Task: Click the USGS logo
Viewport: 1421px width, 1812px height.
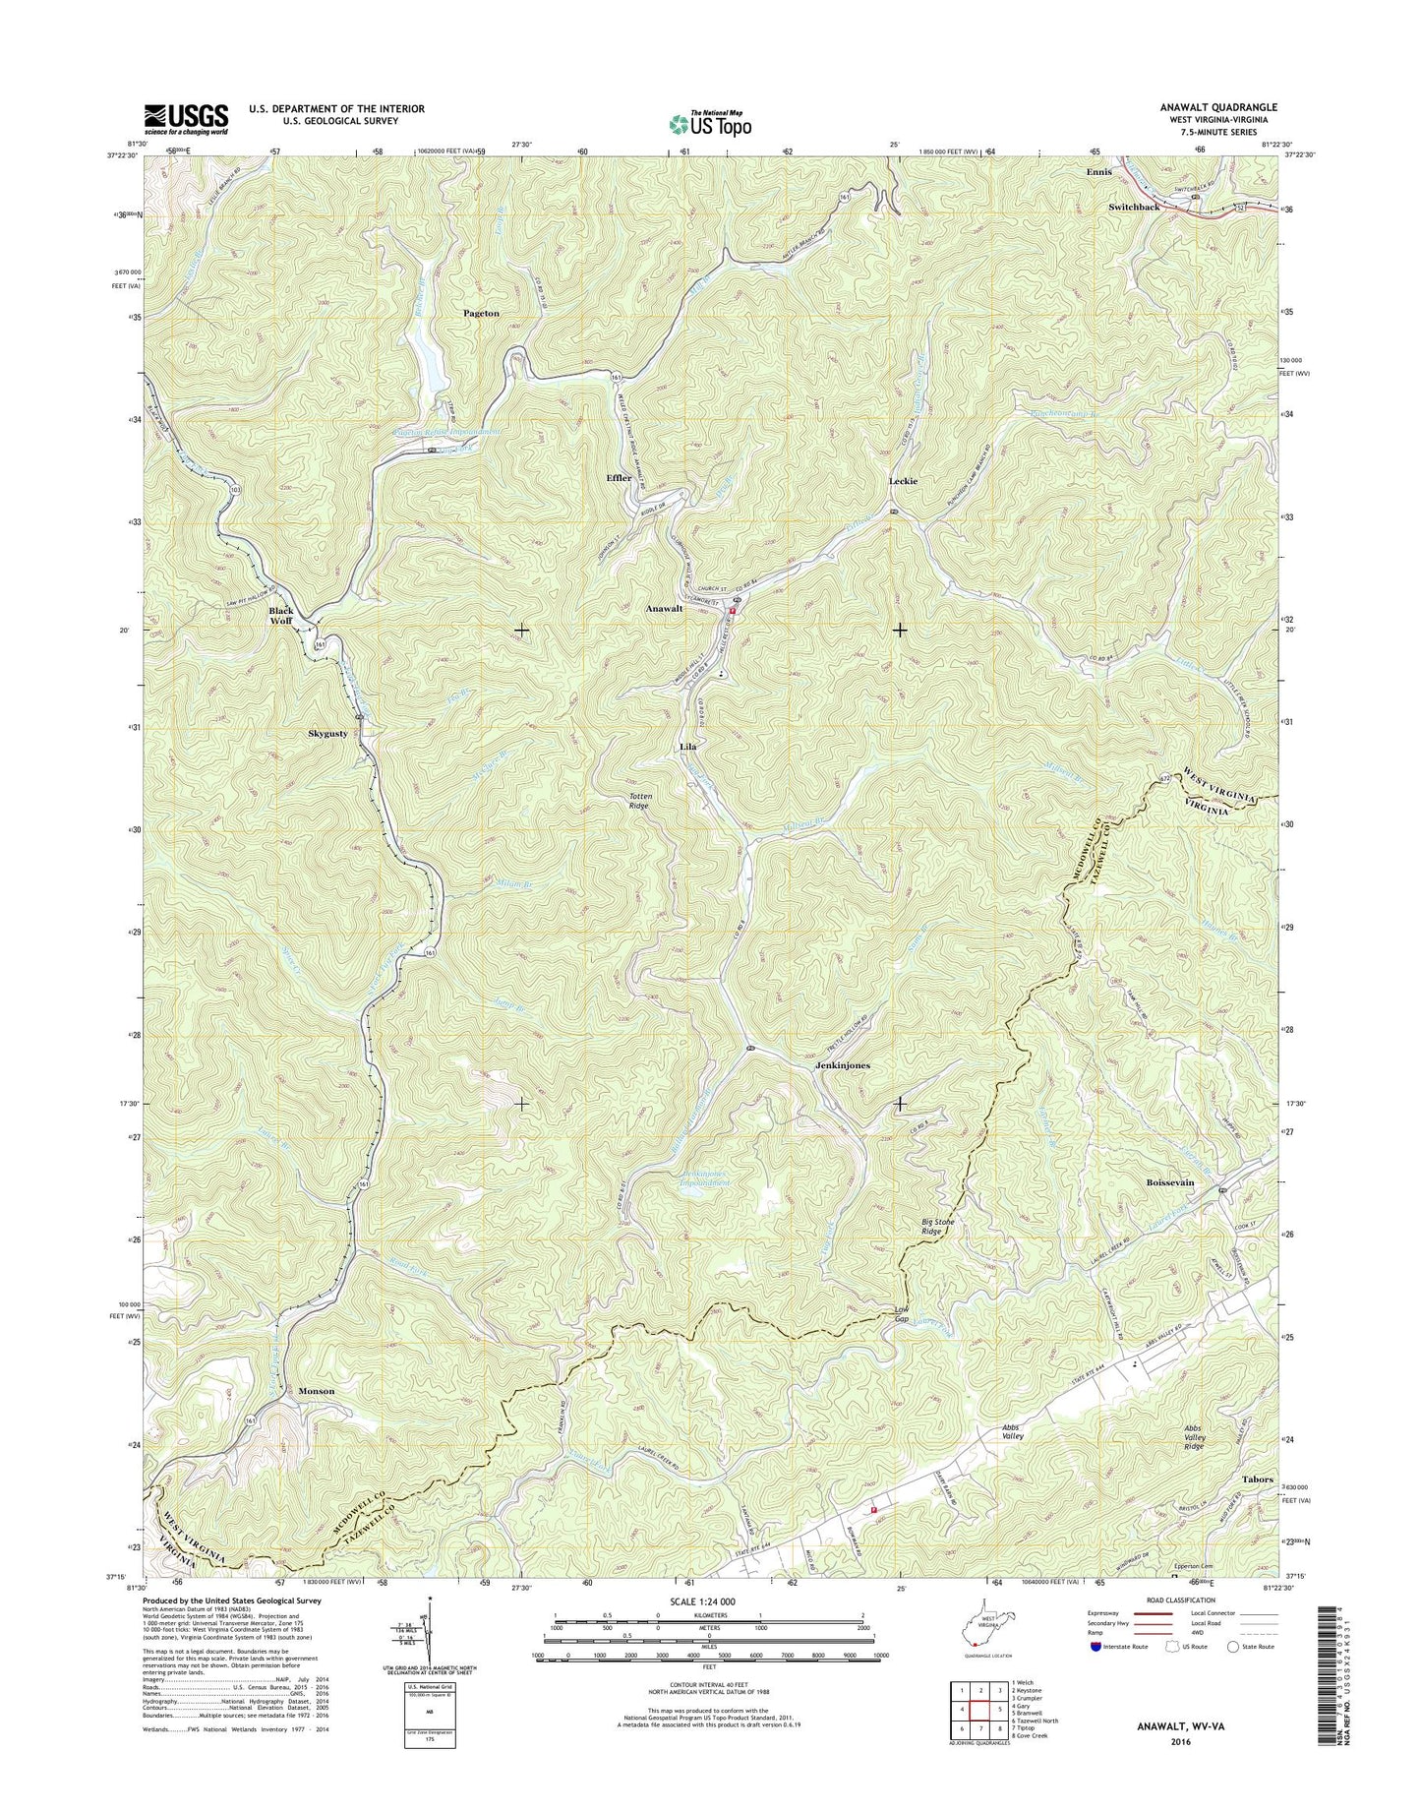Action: (186, 119)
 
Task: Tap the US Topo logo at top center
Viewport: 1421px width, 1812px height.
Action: (710, 124)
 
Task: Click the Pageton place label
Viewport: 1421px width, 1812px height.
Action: (481, 313)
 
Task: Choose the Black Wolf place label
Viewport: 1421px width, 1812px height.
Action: (281, 616)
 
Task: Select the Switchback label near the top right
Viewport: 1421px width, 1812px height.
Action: (1134, 208)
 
